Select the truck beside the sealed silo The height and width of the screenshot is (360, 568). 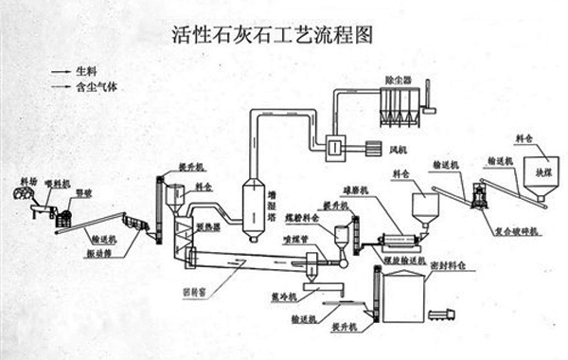coord(440,313)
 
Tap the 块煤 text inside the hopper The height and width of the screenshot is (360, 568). coord(543,173)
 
